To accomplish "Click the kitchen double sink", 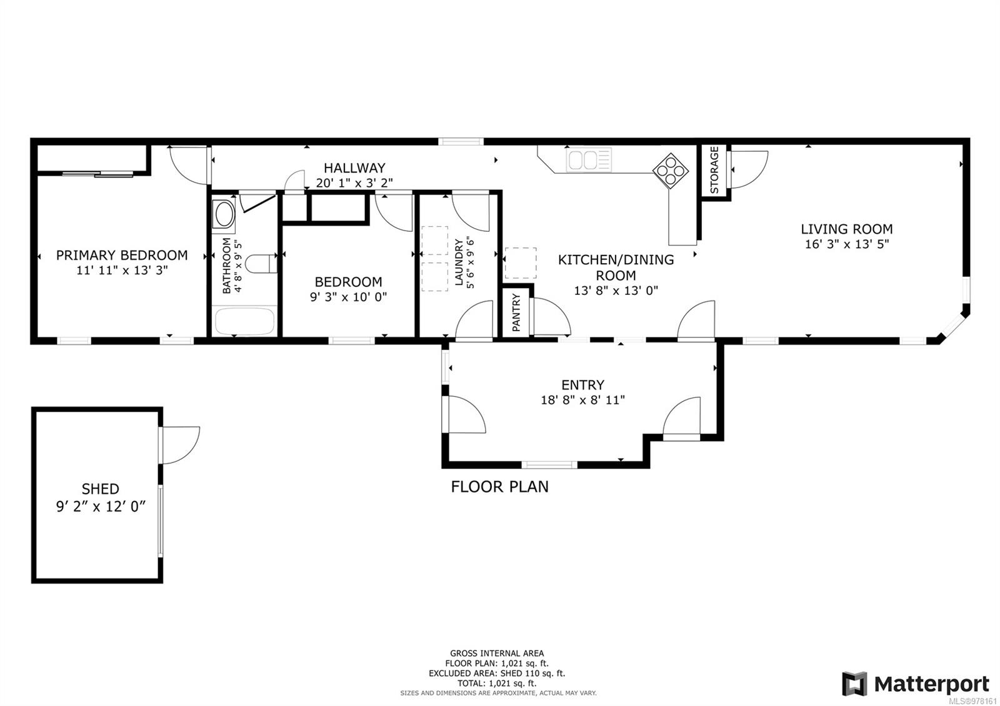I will [589, 161].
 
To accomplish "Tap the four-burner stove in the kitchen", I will [671, 170].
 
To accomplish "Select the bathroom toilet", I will [261, 263].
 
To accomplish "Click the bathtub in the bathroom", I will [244, 322].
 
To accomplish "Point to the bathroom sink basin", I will [224, 214].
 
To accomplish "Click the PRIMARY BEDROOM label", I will [122, 255].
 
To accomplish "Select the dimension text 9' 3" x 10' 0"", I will [348, 297].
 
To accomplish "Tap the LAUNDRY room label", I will [459, 262].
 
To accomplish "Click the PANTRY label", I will [516, 313].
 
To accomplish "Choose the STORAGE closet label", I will [714, 170].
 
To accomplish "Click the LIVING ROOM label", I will [846, 229].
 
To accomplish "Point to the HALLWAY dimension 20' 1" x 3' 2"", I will [354, 182].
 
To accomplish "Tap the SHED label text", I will [100, 489].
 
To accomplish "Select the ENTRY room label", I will [582, 385].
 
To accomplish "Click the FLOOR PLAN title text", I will [499, 486].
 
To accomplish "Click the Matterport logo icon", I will [854, 684].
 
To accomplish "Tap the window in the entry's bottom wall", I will [549, 464].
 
